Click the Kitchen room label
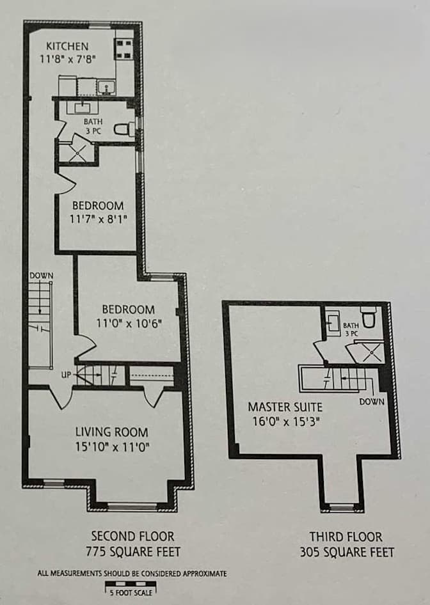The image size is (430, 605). coord(67,46)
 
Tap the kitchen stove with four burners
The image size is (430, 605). coord(124,49)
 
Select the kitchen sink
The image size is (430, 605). coord(106,87)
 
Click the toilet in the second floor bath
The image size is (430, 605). coord(124,129)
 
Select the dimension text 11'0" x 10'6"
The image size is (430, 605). coord(129,322)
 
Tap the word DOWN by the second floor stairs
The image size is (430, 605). coord(42,276)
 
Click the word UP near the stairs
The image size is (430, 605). coord(66,374)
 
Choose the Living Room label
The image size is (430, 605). coord(111,432)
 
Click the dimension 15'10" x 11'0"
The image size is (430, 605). coord(113,447)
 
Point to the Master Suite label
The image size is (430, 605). coord(285,407)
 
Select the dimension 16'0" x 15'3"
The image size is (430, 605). coord(287,421)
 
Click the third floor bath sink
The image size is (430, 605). coord(332,322)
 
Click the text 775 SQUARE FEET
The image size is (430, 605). coord(133,552)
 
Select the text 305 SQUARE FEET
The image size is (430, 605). coord(347,552)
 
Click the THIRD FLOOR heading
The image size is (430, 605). coord(346,537)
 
